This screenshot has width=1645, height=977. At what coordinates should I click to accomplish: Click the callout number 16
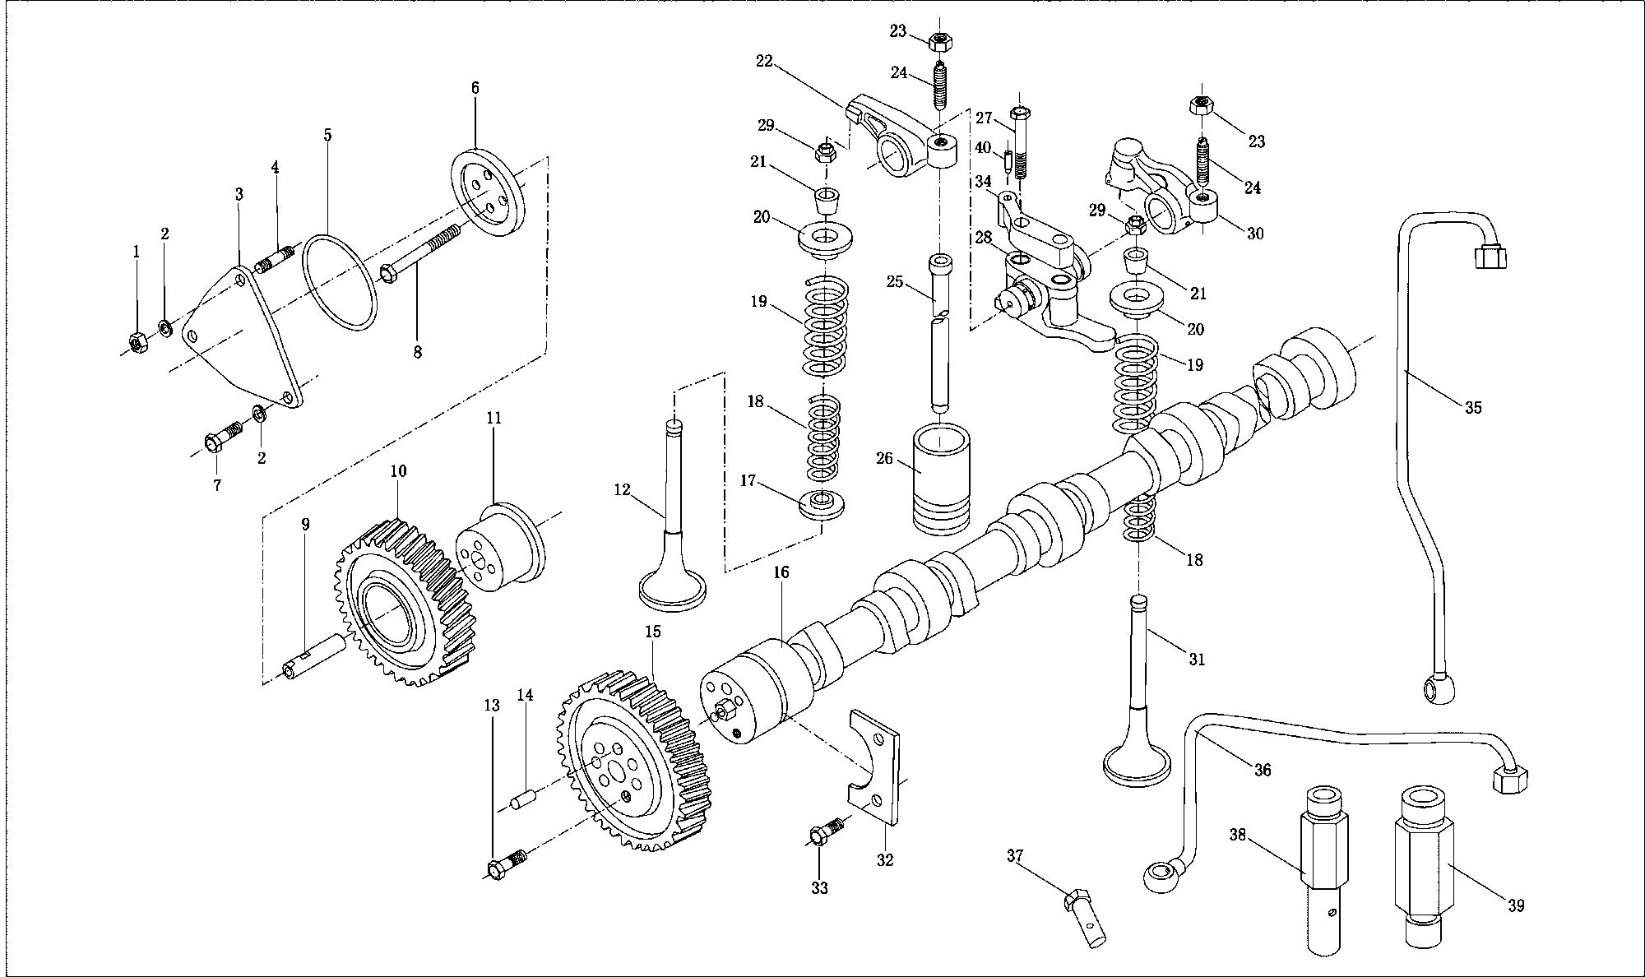(781, 572)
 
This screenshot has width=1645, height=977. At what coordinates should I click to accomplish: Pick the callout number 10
(398, 471)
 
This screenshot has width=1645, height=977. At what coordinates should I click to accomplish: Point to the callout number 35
(1473, 407)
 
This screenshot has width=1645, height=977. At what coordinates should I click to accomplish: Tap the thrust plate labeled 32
(873, 766)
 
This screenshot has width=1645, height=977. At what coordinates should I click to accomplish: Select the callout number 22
(766, 60)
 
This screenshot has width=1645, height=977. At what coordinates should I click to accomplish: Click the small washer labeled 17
(822, 505)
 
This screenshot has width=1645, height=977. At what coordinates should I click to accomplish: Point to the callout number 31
(1197, 659)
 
